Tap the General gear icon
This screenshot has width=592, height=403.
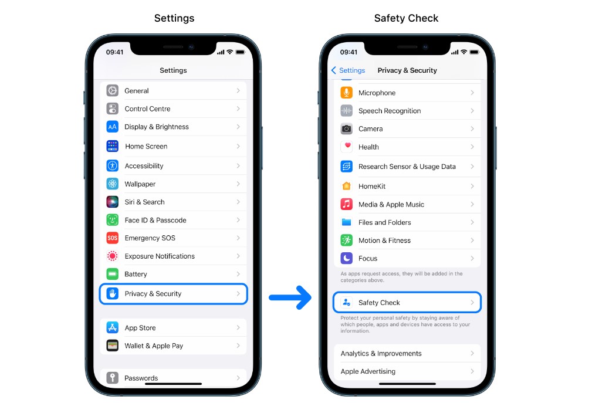[x=112, y=90]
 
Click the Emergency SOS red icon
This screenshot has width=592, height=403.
[x=112, y=238]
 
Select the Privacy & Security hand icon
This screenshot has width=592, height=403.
[x=112, y=293]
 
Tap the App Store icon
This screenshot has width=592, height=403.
[x=112, y=327]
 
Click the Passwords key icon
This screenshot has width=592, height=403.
[x=112, y=378]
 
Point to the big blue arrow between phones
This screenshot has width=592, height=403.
[x=290, y=298]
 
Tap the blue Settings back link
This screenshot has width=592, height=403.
[x=348, y=70]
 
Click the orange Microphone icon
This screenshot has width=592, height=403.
[x=346, y=93]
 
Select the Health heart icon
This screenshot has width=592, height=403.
[x=346, y=147]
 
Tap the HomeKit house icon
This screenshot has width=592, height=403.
[x=346, y=186]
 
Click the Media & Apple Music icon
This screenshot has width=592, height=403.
[x=346, y=204]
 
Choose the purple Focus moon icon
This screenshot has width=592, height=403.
[x=346, y=258]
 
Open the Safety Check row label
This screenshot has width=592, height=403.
[x=379, y=303]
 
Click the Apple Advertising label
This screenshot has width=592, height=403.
[x=368, y=371]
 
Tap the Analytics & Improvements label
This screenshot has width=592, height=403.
[x=381, y=354]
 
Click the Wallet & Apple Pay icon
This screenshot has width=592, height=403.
[x=112, y=346]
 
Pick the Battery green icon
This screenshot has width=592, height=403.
[x=112, y=274]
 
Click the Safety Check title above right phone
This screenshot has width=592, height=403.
[x=406, y=18]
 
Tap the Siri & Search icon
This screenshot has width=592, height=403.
[x=112, y=202]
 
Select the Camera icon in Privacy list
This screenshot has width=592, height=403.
[x=346, y=128]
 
